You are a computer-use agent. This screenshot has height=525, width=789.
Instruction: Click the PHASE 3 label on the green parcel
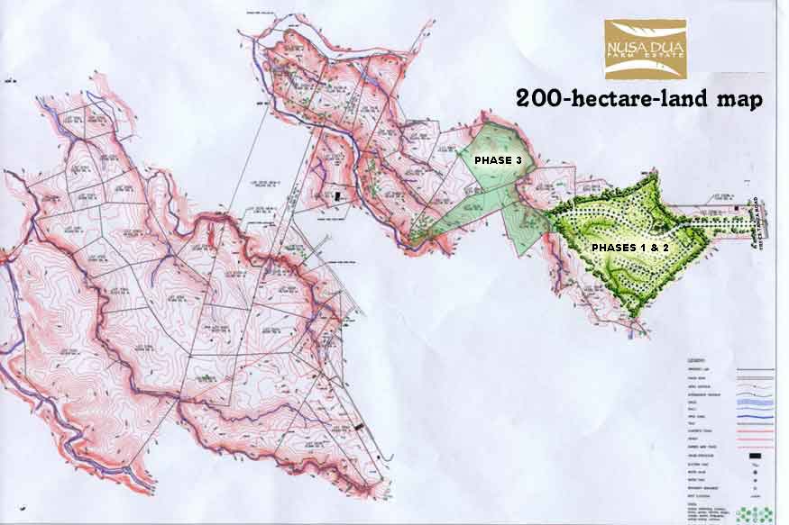492,158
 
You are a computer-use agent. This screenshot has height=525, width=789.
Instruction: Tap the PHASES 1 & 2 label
628,246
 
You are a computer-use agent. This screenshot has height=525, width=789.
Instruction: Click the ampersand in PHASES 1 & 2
656,246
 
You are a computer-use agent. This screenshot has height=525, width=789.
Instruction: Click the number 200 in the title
537,98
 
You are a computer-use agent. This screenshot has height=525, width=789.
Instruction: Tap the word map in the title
736,98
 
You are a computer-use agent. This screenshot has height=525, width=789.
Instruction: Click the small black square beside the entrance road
737,210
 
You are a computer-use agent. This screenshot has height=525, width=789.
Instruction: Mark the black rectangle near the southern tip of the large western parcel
360,425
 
